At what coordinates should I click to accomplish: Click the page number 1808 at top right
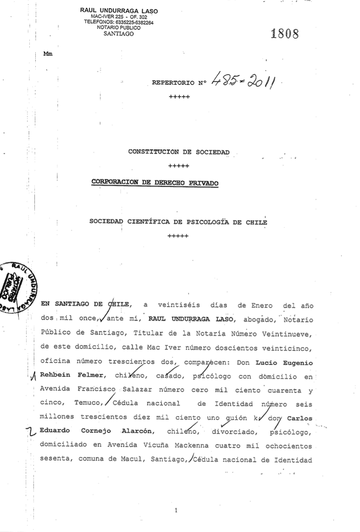click(x=285, y=34)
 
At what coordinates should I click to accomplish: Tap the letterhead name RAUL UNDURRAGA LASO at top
click(x=119, y=10)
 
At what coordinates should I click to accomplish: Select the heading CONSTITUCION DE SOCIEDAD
click(x=179, y=151)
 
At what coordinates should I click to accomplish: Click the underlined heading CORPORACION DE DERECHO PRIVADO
click(x=155, y=182)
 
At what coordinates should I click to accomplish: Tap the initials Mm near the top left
click(x=48, y=53)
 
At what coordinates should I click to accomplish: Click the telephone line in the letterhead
click(x=119, y=22)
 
